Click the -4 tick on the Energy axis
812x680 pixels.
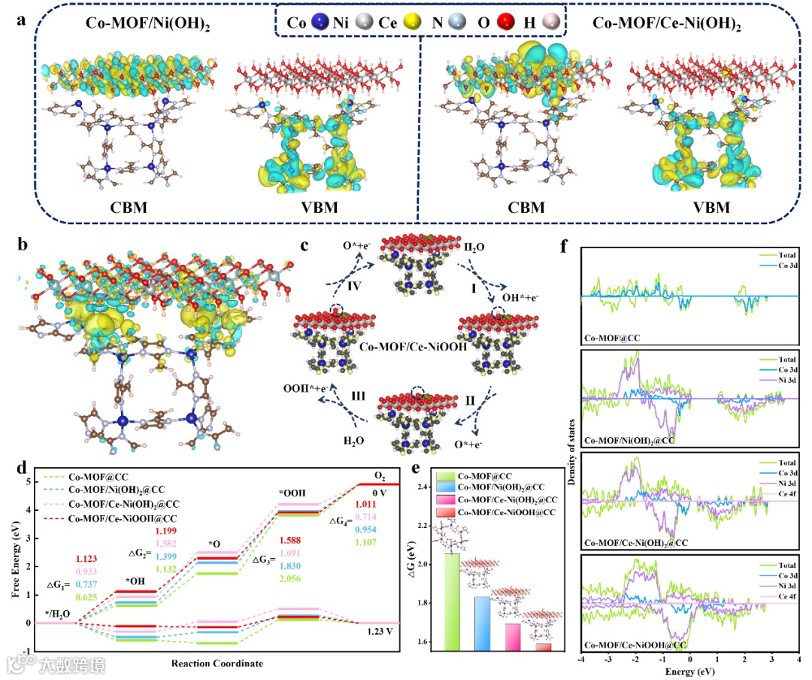click(582, 660)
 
